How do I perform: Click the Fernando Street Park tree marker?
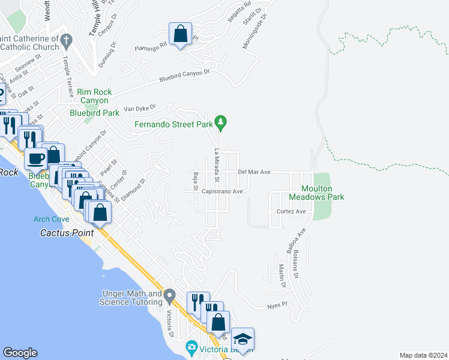(x=221, y=123)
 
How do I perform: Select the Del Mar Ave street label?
(x=255, y=172)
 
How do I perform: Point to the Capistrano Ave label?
(x=221, y=191)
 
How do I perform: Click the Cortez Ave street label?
(x=291, y=212)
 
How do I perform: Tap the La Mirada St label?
(x=217, y=165)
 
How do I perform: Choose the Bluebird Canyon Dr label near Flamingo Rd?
(x=184, y=76)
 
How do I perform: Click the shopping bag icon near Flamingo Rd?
(x=180, y=35)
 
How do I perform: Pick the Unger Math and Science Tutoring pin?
(x=170, y=295)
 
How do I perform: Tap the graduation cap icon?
(x=243, y=339)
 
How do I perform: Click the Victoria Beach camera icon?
(x=191, y=347)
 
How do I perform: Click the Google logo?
(x=20, y=353)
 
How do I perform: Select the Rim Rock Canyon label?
(x=94, y=96)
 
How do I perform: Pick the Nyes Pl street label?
(x=278, y=307)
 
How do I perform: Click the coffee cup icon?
(x=36, y=158)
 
